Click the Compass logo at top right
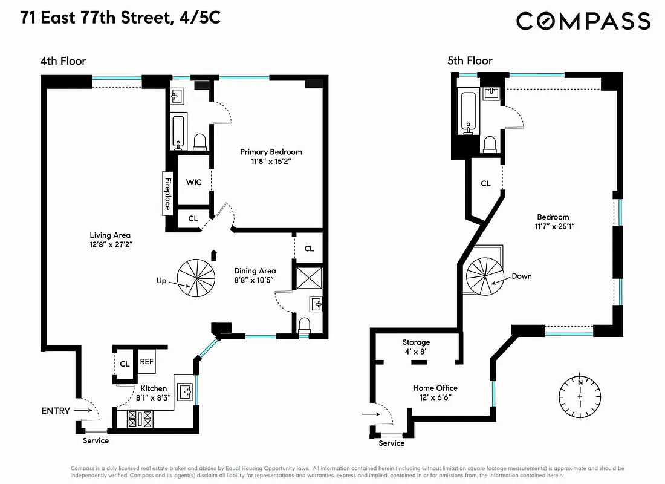(x=583, y=21)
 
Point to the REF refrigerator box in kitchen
(x=146, y=362)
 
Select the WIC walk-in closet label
(x=193, y=181)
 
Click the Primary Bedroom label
(x=271, y=152)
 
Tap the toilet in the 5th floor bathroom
(x=490, y=144)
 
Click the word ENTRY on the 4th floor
(x=55, y=411)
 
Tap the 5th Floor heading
(x=470, y=60)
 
